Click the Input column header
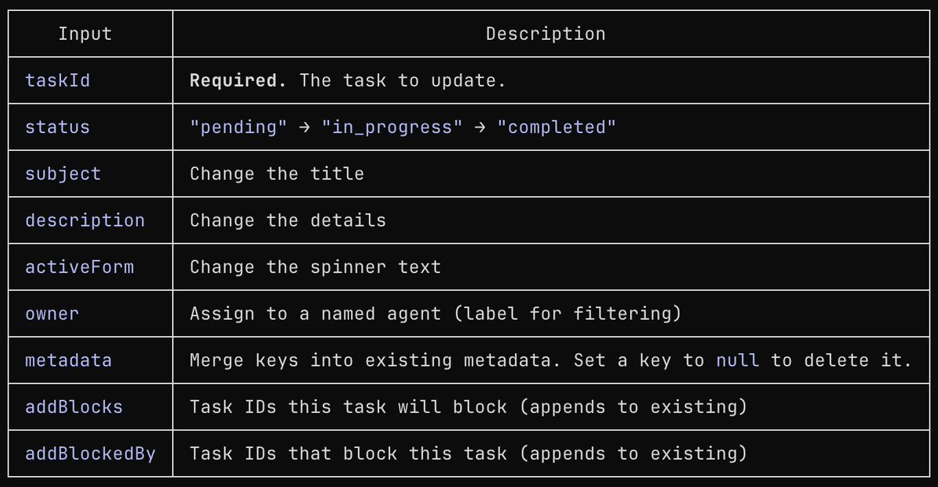point(85,34)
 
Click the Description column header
point(546,34)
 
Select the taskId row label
point(57,80)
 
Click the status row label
point(57,127)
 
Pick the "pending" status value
point(238,127)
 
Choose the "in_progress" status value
point(392,127)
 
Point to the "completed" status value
point(557,127)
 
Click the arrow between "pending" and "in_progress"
point(305,127)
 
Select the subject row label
point(63,174)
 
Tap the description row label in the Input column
point(84,220)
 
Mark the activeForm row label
point(79,267)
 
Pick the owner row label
point(52,314)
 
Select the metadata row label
point(68,360)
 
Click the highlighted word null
point(737,360)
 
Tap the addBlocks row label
point(73,407)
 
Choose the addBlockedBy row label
point(90,453)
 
